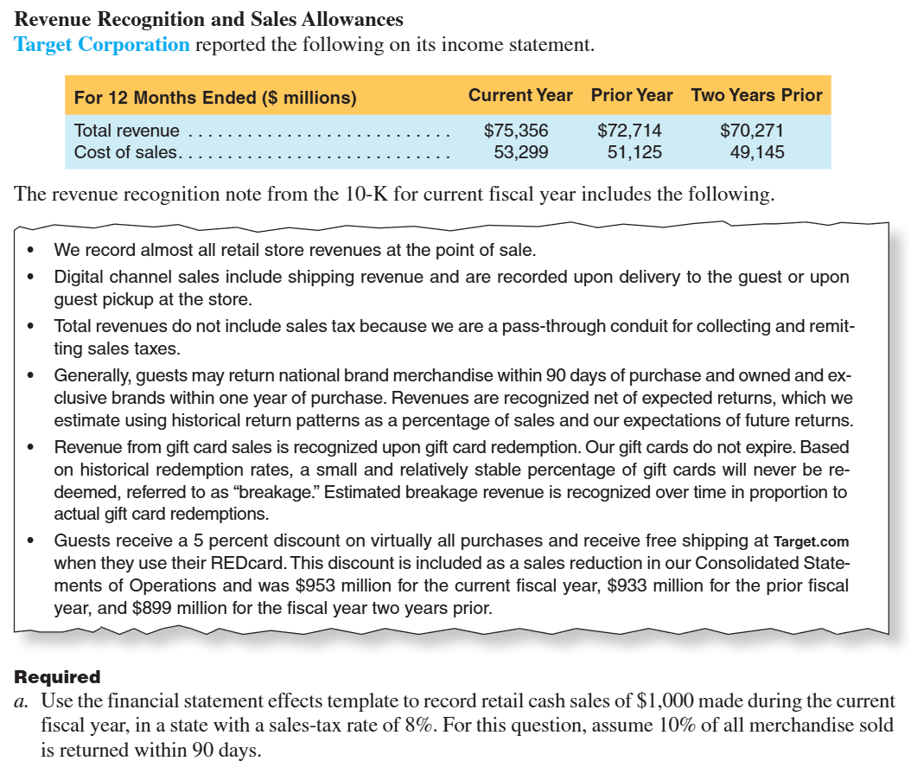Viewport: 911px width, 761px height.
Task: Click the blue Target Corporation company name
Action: tap(102, 44)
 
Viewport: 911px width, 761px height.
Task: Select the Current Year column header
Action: tap(520, 95)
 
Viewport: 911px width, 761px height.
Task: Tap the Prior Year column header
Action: tap(632, 95)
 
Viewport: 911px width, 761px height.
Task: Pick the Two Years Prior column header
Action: tap(756, 95)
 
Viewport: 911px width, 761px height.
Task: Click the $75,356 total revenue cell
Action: tap(516, 131)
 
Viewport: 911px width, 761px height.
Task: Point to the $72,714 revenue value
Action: tap(629, 131)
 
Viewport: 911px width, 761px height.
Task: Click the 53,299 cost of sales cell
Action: tap(520, 152)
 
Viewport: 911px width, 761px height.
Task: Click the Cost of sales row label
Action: tap(125, 152)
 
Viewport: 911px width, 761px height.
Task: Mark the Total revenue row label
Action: tap(127, 131)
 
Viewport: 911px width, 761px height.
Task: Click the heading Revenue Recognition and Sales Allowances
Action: tap(209, 18)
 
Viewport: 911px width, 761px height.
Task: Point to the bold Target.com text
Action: tap(811, 541)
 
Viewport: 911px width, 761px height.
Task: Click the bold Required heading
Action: tap(57, 677)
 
